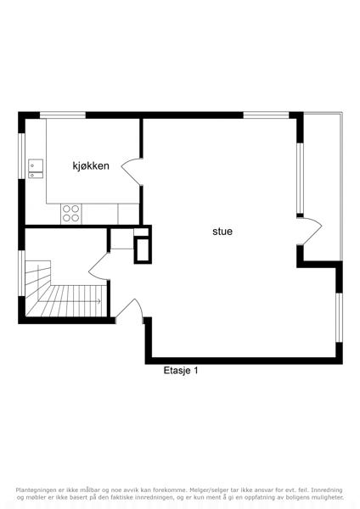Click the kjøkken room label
tap(91, 166)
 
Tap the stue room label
tap(222, 232)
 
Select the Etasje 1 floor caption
tap(181, 371)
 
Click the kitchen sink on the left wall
tap(36, 169)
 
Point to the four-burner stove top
tap(71, 214)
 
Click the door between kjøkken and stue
tap(132, 171)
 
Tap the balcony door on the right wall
tap(309, 231)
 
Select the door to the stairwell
tap(99, 266)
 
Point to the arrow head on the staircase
tap(99, 301)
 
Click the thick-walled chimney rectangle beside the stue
tap(143, 250)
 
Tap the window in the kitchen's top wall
tap(63, 115)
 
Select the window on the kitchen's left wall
tap(21, 155)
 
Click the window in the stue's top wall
tap(266, 115)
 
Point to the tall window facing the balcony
tap(300, 178)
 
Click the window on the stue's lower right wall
tap(340, 317)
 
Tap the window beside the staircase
tap(21, 273)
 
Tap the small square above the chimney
tap(141, 232)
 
